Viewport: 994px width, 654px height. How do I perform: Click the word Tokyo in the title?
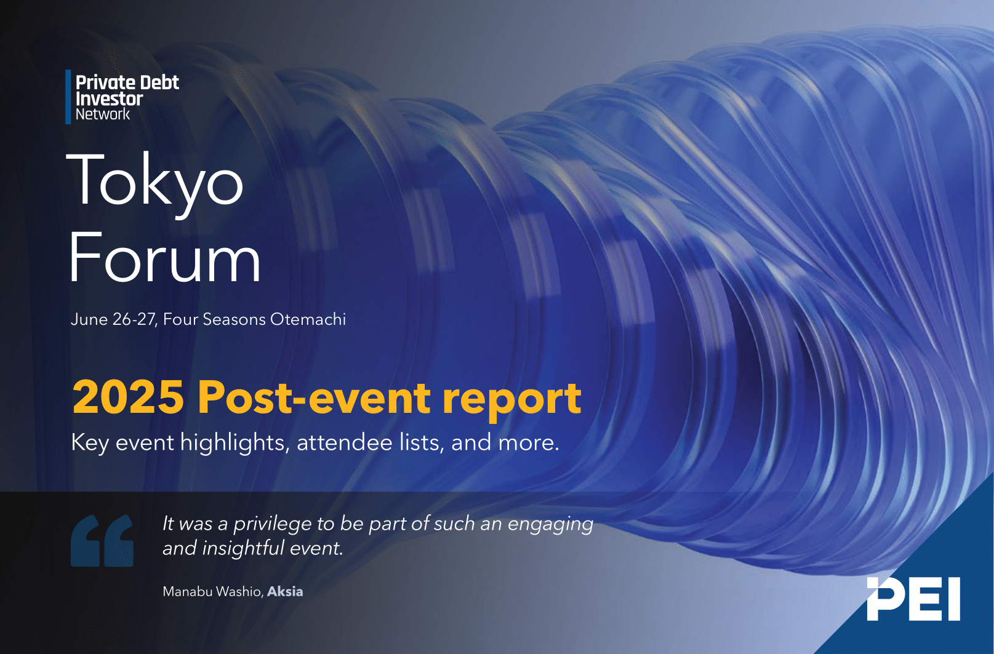[x=154, y=185]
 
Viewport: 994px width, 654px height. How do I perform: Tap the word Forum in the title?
[x=164, y=257]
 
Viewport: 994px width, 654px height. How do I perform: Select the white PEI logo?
[x=913, y=599]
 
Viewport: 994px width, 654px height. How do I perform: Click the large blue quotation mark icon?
[x=102, y=540]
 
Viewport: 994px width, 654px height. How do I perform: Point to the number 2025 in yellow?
[x=128, y=397]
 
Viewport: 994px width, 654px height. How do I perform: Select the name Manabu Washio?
[x=214, y=591]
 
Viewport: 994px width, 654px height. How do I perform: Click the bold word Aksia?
[x=285, y=591]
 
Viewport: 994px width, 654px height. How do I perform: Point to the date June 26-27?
[x=114, y=319]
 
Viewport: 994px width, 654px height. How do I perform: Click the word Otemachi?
[x=308, y=319]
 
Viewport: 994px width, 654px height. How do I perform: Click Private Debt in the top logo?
[x=127, y=82]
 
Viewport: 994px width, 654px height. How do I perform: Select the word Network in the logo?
[x=103, y=114]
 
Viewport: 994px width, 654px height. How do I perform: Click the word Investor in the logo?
[x=109, y=99]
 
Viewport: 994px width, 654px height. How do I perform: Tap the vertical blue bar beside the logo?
[x=68, y=97]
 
